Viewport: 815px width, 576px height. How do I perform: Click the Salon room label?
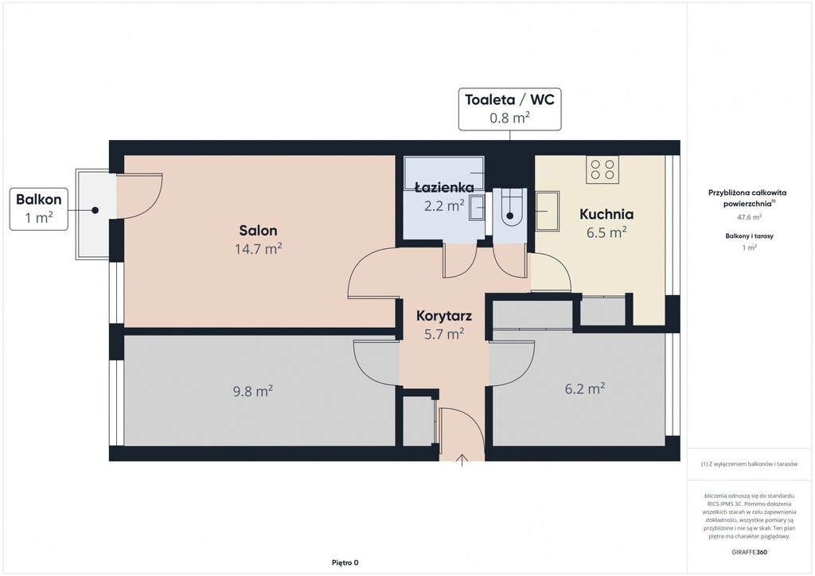(x=258, y=230)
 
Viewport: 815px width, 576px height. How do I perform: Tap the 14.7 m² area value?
(x=259, y=249)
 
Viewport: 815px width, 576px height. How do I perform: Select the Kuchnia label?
(x=606, y=214)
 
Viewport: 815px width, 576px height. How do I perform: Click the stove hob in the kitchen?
(x=603, y=169)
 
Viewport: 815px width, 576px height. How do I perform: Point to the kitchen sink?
(x=548, y=211)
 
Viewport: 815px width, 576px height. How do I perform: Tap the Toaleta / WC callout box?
(x=510, y=109)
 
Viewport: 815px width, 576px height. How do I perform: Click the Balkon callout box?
(x=39, y=209)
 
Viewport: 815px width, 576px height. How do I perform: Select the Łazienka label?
(x=444, y=187)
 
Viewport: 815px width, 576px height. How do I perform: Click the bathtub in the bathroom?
(x=444, y=173)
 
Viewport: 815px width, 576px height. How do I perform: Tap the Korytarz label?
(x=444, y=316)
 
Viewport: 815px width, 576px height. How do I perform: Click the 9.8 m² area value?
(x=253, y=391)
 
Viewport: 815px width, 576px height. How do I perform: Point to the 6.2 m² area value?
(x=585, y=388)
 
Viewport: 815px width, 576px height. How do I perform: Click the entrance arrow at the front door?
(x=462, y=460)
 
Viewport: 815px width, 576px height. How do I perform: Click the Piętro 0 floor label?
(x=345, y=562)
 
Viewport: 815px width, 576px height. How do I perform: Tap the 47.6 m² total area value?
(x=749, y=217)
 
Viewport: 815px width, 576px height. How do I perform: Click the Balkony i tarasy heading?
(x=749, y=235)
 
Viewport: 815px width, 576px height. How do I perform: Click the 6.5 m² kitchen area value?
(x=606, y=232)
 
